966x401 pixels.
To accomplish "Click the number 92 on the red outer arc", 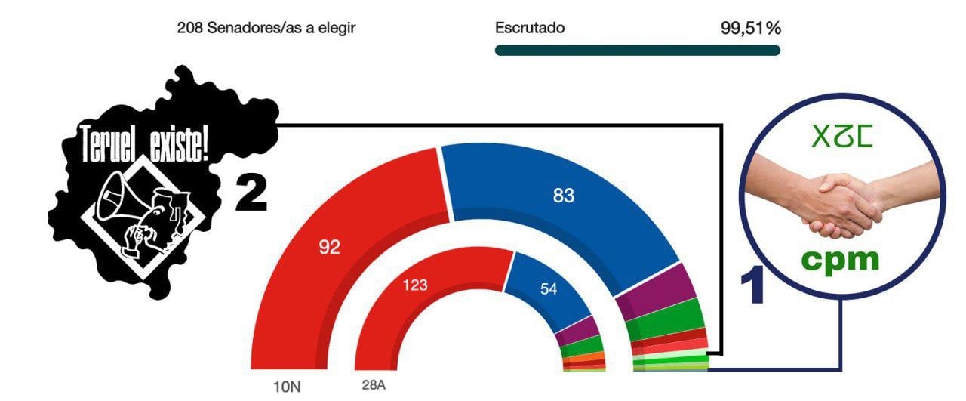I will coord(329,248).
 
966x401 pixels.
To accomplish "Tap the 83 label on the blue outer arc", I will coord(564,196).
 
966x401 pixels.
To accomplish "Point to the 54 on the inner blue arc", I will coord(549,288).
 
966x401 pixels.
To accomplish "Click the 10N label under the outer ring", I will coord(287,387).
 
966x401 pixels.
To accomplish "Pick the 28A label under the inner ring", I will coord(374,385).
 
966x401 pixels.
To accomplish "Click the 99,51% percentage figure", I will coord(750,29).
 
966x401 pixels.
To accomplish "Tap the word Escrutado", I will coord(530,29).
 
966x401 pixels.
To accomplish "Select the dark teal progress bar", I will coord(637,51).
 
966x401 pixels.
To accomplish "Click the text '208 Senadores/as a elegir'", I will coord(266,29).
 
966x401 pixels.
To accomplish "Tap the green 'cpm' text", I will coord(840,259).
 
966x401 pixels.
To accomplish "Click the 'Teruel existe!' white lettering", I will coord(144,143).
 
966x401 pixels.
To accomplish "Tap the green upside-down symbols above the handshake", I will coord(841,135).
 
